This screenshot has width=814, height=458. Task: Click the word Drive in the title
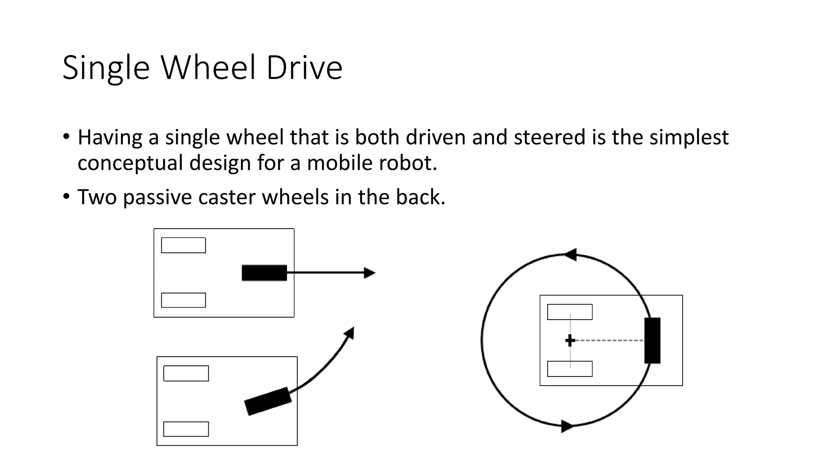point(304,68)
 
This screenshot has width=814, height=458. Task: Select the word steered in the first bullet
point(550,137)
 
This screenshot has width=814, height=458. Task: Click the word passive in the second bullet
point(157,197)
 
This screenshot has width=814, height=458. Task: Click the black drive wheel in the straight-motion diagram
point(264,273)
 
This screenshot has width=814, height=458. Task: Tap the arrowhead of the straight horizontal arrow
point(370,273)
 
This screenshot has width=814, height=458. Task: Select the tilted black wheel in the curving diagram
point(267,401)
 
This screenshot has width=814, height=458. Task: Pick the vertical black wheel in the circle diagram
point(652,340)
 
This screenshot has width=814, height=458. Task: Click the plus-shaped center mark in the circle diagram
point(570,340)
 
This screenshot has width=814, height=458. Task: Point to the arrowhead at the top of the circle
point(571,254)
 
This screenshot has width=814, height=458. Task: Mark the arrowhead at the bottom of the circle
point(567,426)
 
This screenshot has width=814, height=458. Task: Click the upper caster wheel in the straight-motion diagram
point(183,245)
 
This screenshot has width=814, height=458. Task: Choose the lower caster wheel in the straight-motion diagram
point(183,300)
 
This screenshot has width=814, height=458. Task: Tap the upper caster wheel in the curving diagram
point(186,373)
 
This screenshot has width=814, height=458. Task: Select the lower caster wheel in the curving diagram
point(186,429)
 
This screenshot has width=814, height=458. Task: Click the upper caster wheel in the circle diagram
point(570,312)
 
